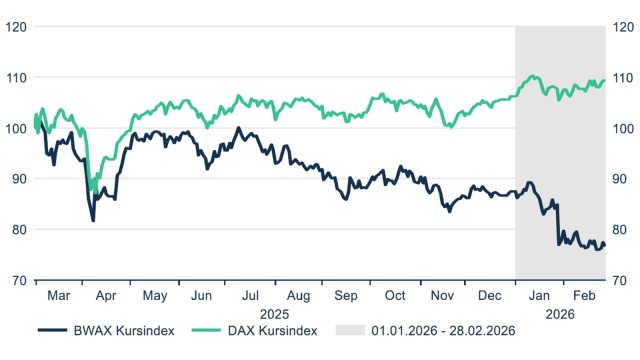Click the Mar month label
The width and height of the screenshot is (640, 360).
[59, 297]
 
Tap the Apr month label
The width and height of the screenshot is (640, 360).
[107, 297]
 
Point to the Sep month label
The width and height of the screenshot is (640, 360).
[346, 297]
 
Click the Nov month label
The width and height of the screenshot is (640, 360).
[441, 297]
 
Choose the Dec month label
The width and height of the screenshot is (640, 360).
[490, 297]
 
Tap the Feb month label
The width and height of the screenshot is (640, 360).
[585, 297]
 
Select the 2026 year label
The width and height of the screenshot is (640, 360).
[560, 313]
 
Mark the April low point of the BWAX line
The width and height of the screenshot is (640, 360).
[94, 220]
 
